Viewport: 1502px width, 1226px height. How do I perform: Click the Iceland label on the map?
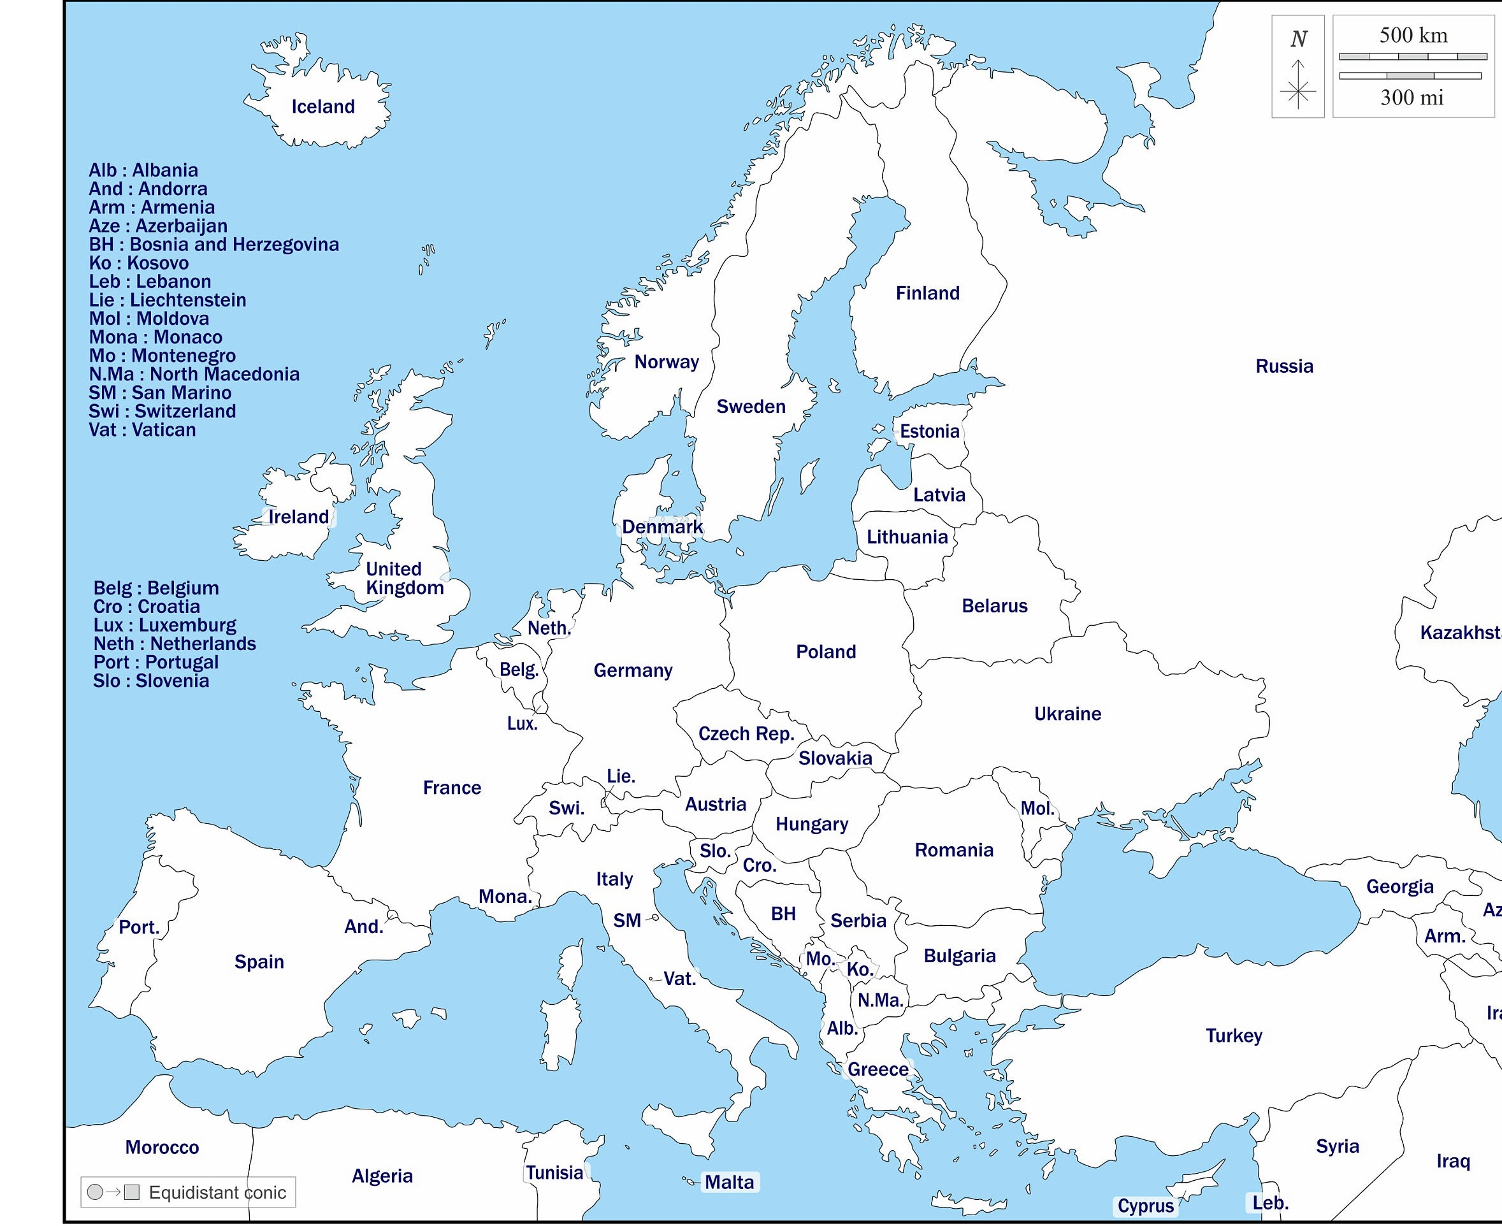[322, 106]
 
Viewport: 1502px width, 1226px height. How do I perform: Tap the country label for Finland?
[927, 293]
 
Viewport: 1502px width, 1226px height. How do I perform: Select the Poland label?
[825, 652]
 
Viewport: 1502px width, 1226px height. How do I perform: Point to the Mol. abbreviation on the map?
[1037, 809]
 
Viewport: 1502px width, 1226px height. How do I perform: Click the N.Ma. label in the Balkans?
[880, 1000]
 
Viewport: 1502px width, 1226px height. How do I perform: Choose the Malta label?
[729, 1182]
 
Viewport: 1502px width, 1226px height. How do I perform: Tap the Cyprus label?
[1145, 1206]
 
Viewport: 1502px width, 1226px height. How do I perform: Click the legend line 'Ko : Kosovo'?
[138, 263]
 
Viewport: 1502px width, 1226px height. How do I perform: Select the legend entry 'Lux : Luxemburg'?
[164, 626]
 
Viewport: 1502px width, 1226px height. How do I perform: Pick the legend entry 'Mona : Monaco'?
[155, 338]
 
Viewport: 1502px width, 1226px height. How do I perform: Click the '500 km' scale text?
[1413, 35]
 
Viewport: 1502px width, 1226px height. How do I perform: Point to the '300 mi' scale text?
[1412, 97]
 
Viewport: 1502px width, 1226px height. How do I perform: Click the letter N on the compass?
[1298, 39]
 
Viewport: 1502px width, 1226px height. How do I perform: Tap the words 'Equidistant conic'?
[217, 1193]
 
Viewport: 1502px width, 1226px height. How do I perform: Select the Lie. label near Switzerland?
[621, 776]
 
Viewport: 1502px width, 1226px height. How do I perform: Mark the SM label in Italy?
[626, 921]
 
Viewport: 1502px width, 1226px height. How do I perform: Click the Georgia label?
[1399, 886]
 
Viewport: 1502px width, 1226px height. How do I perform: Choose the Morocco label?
[162, 1148]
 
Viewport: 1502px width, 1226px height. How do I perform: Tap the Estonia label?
[929, 431]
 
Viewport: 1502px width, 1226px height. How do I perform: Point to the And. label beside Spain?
[363, 927]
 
